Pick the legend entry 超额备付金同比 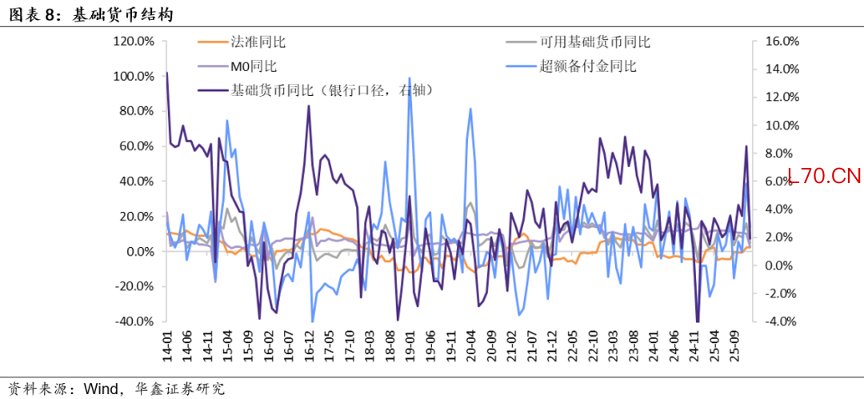(x=587, y=66)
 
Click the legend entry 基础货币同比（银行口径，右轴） (x=331, y=90)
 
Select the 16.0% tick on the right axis (x=782, y=42)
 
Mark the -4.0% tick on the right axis (x=782, y=321)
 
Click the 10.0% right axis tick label (x=782, y=126)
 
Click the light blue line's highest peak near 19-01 (x=410, y=101)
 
